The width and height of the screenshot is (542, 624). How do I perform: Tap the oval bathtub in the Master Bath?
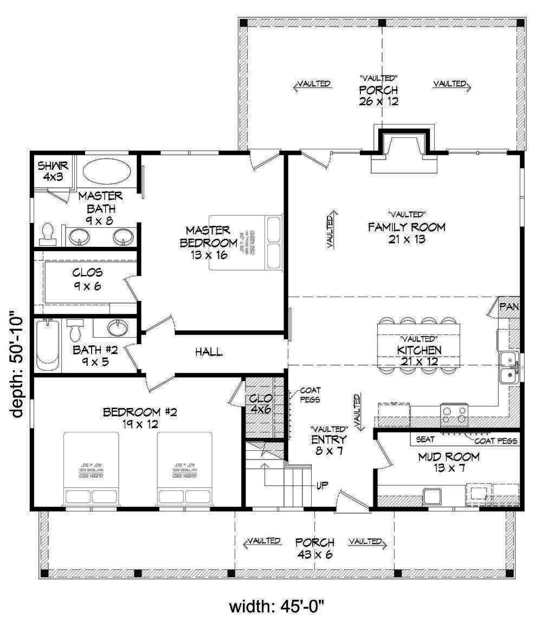click(x=107, y=172)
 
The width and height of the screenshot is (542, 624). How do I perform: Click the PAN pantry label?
click(x=509, y=307)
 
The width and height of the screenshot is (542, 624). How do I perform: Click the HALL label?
click(x=209, y=352)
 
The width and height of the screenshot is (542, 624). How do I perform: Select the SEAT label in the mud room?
click(x=425, y=440)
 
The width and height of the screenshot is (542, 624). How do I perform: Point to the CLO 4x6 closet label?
click(x=257, y=404)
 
